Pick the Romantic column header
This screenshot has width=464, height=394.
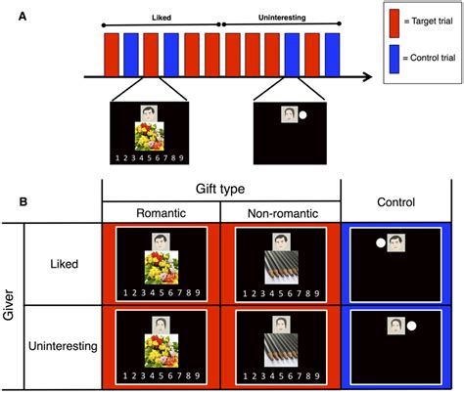pyautogui.click(x=161, y=213)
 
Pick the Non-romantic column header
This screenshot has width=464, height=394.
pyautogui.click(x=281, y=213)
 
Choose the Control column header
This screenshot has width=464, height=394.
pyautogui.click(x=400, y=201)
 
